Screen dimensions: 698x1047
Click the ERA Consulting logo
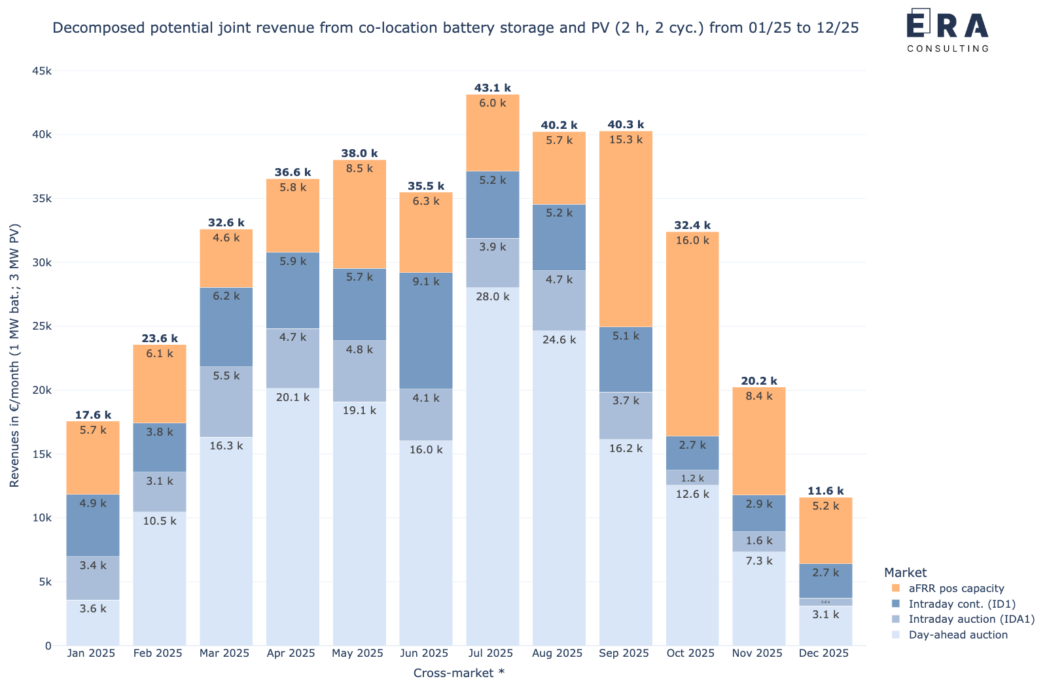947,29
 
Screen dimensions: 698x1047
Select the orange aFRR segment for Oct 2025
692,334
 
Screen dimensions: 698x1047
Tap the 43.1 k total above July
492,88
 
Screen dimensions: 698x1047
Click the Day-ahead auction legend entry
957,635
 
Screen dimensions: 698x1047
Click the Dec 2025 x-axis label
824,653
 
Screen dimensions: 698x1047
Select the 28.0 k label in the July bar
492,296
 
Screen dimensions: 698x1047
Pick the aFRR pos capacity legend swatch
896,588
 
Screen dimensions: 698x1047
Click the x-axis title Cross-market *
459,673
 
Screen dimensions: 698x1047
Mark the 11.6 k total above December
825,491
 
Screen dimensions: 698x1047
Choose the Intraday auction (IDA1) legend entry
971,619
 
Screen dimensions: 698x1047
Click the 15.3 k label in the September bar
626,139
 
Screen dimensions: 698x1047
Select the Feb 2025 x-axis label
158,653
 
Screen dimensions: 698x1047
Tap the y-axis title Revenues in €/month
14,355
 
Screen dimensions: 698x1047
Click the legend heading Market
905,572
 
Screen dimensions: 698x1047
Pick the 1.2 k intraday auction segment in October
692,478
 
